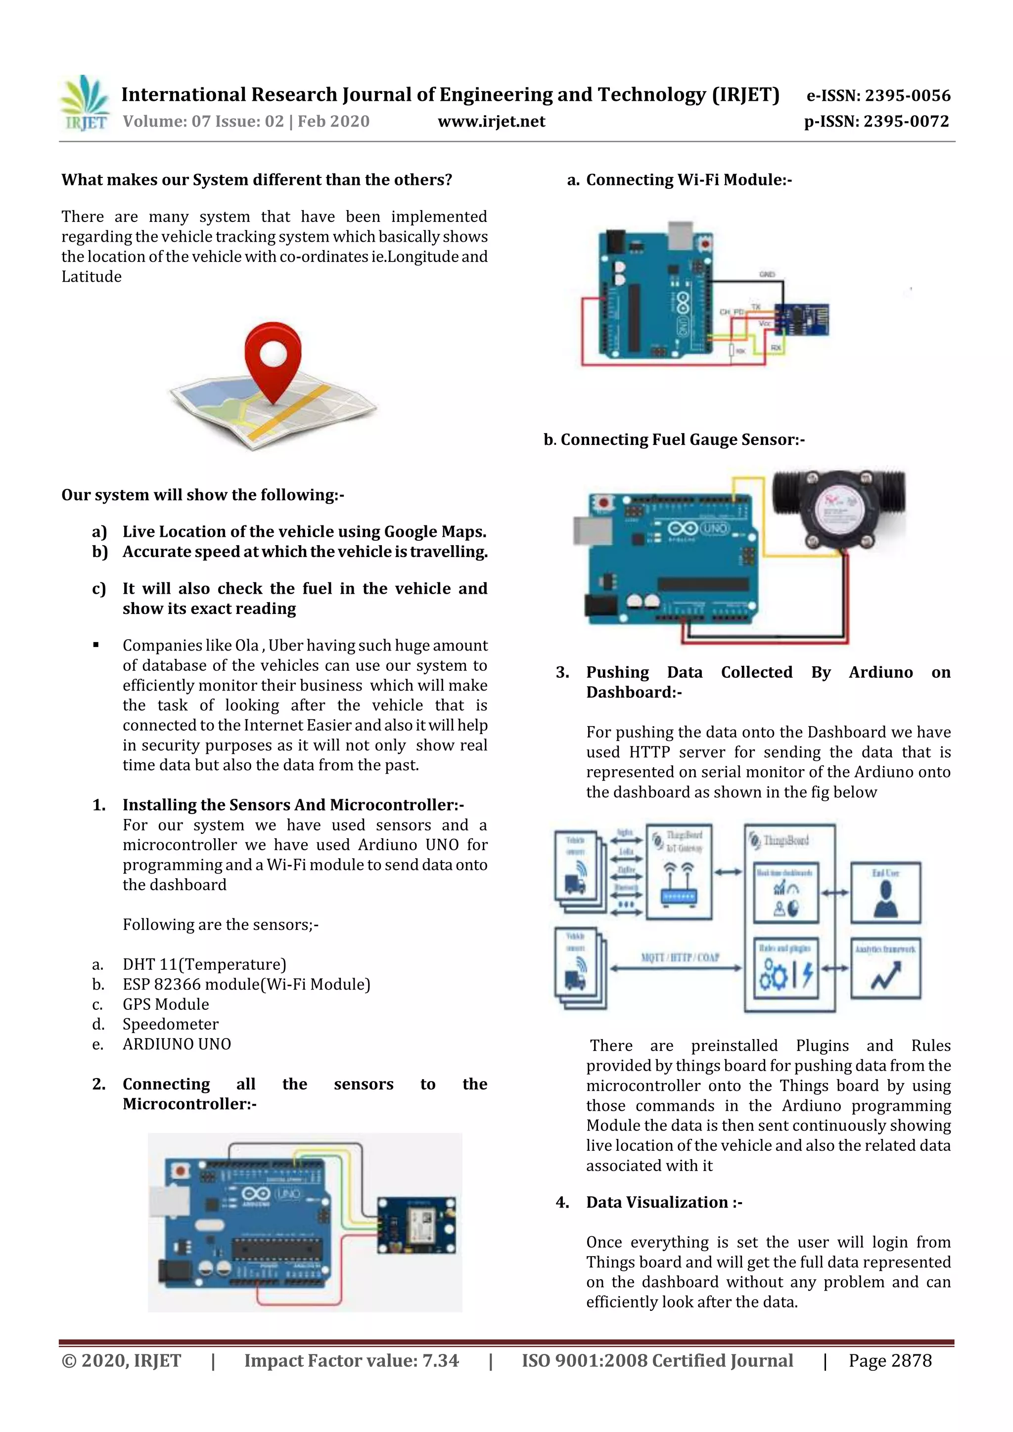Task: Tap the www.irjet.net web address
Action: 491,122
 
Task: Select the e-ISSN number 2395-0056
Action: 878,95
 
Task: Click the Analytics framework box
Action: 885,968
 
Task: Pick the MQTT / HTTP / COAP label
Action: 680,957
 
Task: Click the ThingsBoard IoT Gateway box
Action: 679,872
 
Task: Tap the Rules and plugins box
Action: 785,968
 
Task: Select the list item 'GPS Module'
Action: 165,1004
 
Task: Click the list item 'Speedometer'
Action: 170,1024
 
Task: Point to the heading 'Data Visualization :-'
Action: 663,1203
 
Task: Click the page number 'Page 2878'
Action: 889,1361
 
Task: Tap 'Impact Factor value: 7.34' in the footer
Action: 351,1361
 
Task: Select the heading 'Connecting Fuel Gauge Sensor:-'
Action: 682,440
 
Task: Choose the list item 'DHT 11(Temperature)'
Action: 204,964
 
